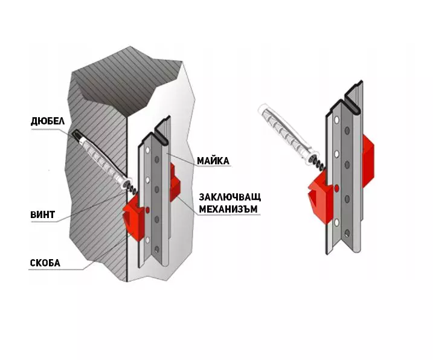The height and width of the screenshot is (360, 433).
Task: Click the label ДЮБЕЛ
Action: [48, 121]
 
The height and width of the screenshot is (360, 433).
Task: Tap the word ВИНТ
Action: [42, 214]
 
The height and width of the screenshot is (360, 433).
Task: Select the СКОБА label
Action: [45, 263]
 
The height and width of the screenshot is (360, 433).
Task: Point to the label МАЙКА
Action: [213, 161]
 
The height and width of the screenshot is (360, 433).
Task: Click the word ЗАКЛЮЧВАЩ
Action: [229, 198]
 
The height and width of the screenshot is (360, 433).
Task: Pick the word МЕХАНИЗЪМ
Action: [228, 210]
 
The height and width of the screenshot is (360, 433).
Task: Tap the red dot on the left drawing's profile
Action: [147, 210]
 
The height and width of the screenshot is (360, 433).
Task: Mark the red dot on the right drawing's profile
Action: [336, 188]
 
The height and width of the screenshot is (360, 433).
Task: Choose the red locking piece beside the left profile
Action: [175, 182]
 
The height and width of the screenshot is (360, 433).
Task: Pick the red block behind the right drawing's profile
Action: [368, 160]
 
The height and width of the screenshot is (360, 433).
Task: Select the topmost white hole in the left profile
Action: [147, 150]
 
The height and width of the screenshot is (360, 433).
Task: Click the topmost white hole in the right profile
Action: [336, 120]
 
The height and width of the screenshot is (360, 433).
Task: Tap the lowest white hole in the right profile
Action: [336, 223]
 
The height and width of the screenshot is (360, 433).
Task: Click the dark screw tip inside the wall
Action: [77, 135]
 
